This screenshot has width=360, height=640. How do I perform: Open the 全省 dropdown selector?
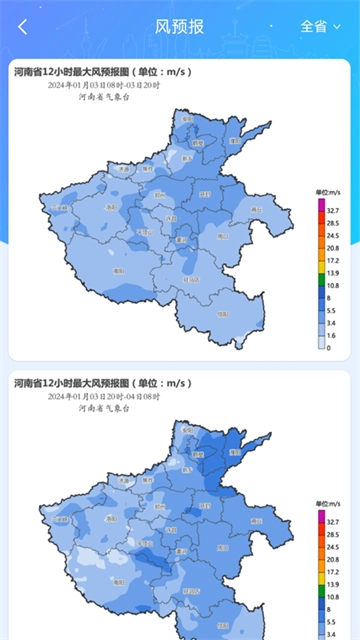[320, 27]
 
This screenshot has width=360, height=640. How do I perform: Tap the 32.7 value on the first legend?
[332, 211]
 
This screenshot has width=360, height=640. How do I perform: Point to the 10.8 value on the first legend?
[332, 285]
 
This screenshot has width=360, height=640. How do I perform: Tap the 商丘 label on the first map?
[256, 209]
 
